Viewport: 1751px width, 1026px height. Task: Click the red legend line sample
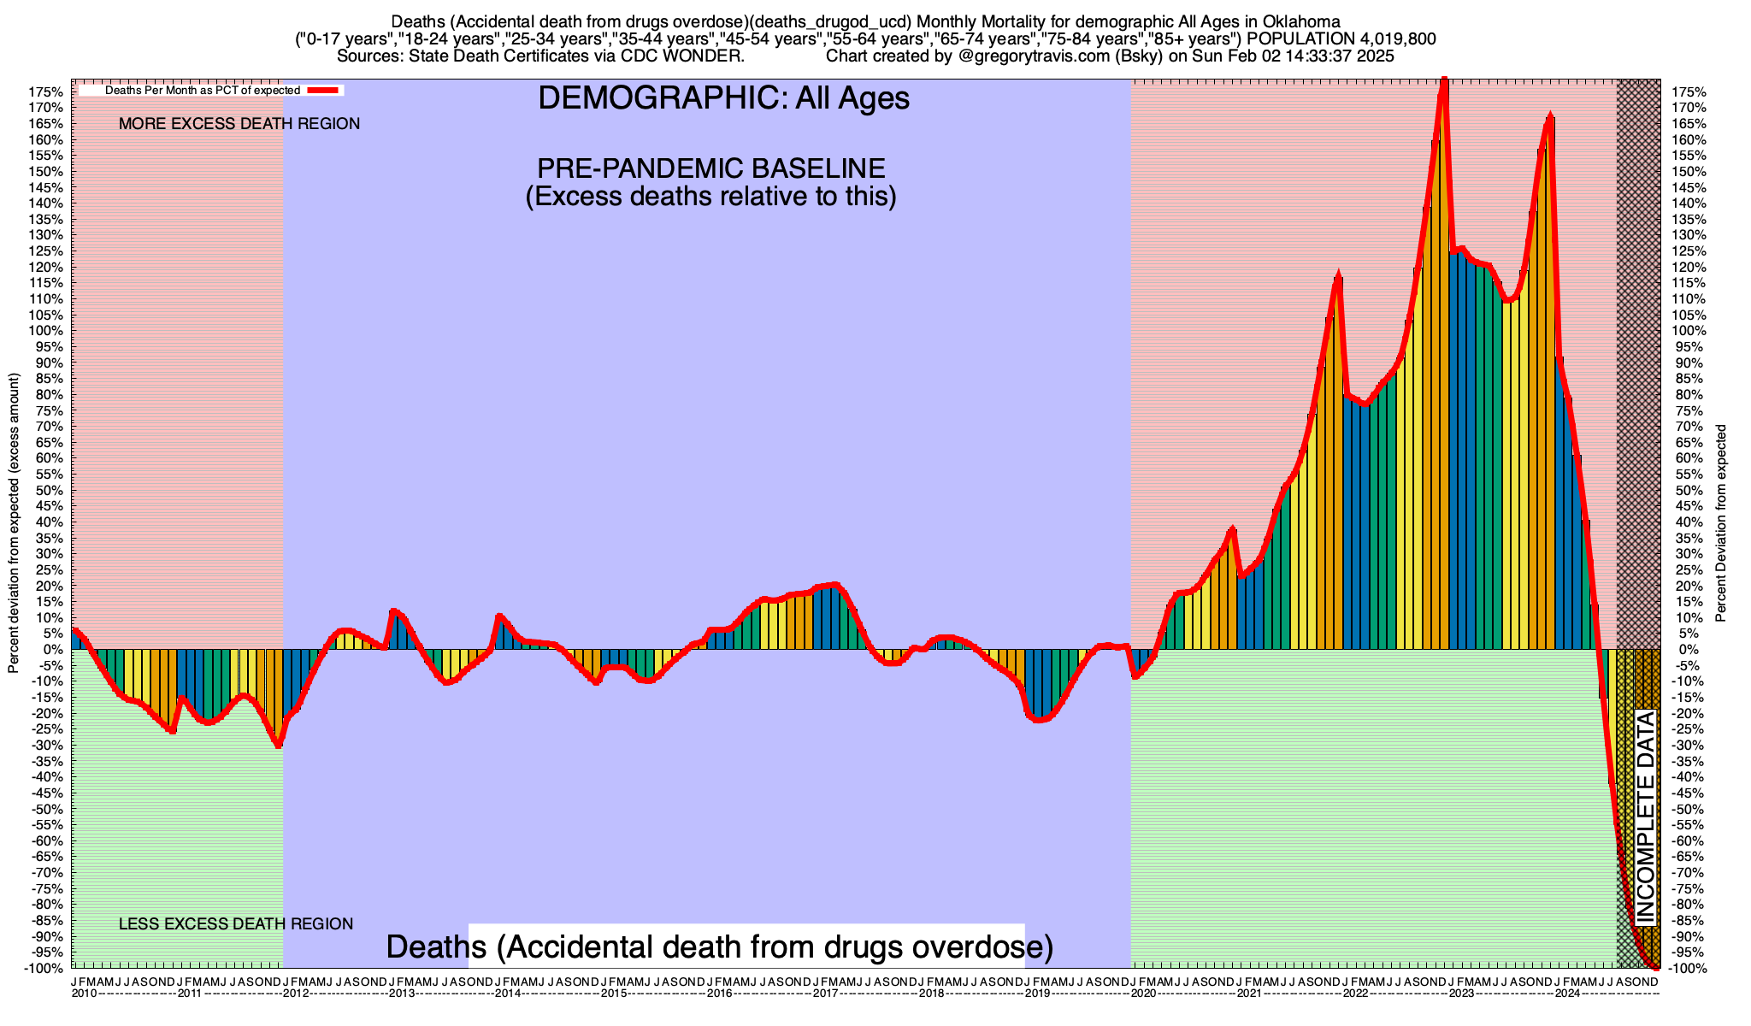coord(324,90)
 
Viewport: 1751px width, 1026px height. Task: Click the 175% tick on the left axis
coord(48,91)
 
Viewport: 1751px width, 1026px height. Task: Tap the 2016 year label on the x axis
coord(719,994)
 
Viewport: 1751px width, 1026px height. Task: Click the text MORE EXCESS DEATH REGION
coord(239,124)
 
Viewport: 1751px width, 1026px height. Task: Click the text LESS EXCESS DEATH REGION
coord(236,924)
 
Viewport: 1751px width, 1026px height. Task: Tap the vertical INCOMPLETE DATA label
coord(1645,817)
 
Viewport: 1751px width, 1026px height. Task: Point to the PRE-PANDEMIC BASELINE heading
coord(710,168)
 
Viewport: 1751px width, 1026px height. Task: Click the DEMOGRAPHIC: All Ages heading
coord(723,98)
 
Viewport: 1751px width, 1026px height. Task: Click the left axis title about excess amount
coord(13,522)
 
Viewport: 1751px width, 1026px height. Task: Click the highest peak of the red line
coord(1444,82)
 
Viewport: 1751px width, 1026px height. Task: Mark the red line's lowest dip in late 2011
coord(278,745)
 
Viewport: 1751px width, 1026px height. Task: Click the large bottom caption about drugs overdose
coord(720,947)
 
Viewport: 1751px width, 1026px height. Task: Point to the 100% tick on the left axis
coord(48,331)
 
